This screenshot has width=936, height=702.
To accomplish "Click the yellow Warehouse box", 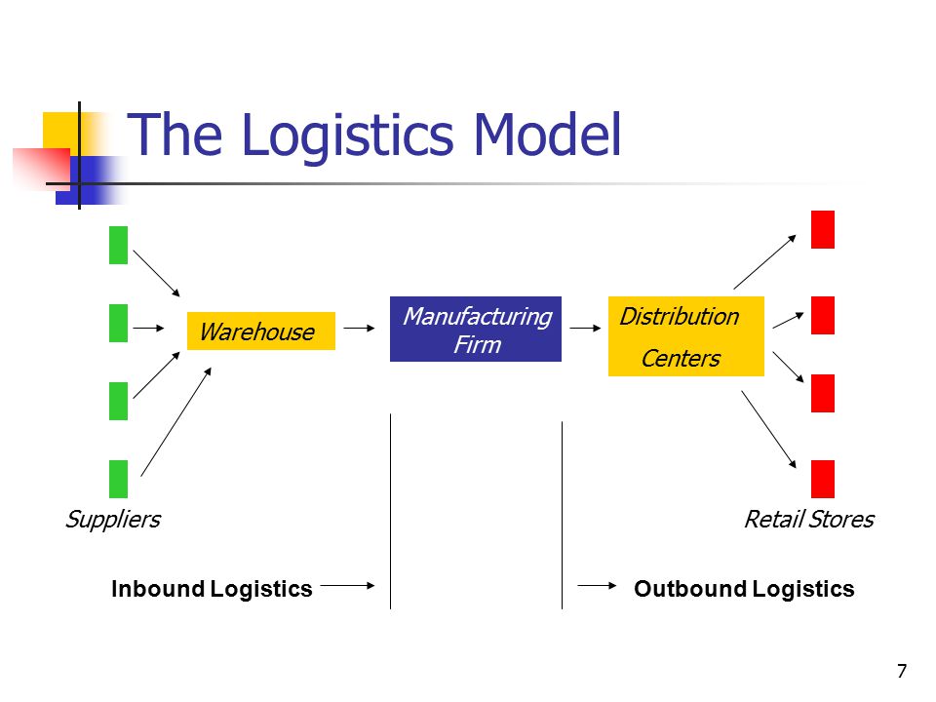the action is pos(261,331).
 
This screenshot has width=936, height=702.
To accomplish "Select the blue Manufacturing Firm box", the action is pos(476,329).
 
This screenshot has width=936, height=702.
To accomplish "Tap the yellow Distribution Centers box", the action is pos(685,336).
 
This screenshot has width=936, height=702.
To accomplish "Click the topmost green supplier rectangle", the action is pos(118,245).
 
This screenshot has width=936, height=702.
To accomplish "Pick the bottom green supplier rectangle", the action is pos(118,479).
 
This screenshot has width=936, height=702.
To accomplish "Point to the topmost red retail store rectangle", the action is pos(823,229).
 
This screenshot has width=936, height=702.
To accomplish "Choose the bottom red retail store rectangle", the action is pos(823,479).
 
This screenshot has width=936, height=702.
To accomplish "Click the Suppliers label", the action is pos(113,520).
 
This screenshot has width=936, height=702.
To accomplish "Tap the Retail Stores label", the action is pos(809,520).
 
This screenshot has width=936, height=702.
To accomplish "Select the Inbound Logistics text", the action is pos(212,589).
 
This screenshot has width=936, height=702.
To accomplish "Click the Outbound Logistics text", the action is pos(744,589).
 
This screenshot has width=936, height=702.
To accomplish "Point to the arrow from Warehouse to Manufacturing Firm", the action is pos(360,328).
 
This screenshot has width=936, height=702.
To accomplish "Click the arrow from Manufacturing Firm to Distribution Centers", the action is pos(586,328).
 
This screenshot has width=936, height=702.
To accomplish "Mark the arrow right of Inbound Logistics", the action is pos(348,586).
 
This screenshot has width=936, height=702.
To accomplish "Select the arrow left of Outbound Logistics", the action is pos(597,586).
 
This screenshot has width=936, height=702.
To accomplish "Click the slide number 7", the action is pos(902,671).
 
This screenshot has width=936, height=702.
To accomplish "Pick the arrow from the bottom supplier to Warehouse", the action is pos(176,421).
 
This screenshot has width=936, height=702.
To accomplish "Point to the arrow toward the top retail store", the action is pos(764,261).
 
